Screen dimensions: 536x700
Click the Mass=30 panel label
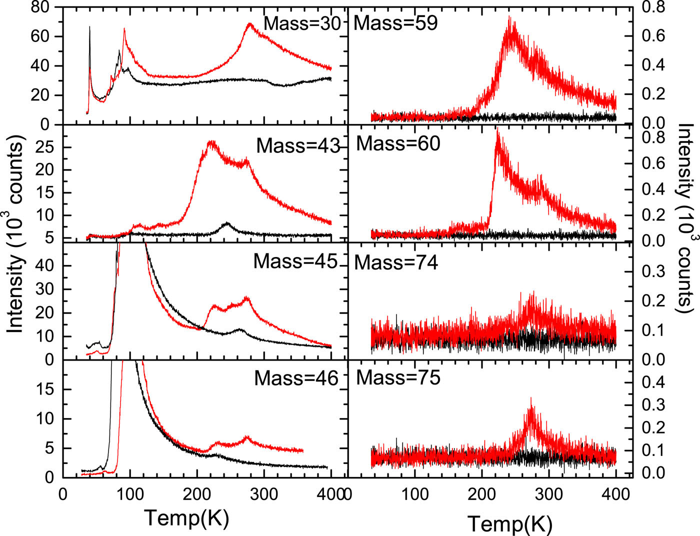click(x=302, y=23)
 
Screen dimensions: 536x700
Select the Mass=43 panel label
click(x=298, y=145)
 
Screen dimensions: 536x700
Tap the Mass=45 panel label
click(x=295, y=261)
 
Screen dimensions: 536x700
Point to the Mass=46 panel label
click(x=296, y=378)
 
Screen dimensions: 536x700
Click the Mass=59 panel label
click(x=395, y=23)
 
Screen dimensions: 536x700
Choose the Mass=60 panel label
click(x=398, y=143)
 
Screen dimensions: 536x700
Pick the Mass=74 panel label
click(x=396, y=262)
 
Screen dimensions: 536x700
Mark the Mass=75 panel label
click(x=398, y=377)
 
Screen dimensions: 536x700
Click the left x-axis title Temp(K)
click(x=186, y=517)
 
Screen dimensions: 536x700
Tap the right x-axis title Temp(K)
click(x=510, y=524)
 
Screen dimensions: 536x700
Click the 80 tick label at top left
click(x=42, y=7)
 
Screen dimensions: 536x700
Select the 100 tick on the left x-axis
click(x=130, y=494)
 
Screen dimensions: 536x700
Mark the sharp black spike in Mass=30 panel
click(x=89, y=27)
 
